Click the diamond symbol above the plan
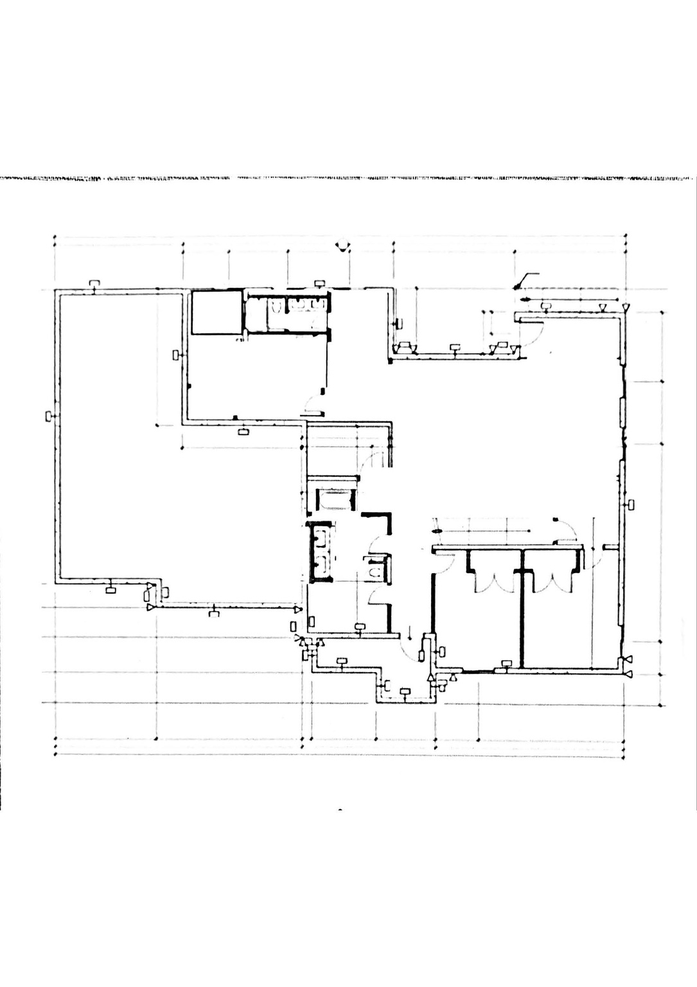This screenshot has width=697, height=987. click(343, 245)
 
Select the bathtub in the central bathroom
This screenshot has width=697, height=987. click(333, 498)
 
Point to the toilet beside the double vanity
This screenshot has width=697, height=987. click(375, 569)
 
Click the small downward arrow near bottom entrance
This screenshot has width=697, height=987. click(410, 633)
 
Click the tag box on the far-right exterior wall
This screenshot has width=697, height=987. click(631, 504)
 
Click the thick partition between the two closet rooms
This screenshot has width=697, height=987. click(522, 610)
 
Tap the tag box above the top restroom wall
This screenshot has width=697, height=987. click(320, 283)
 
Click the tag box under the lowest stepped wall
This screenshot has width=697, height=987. click(404, 691)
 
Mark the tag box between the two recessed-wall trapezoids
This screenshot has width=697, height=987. click(455, 347)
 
